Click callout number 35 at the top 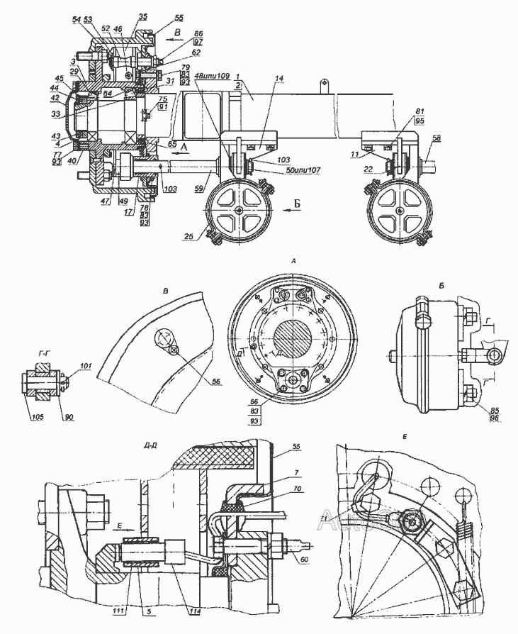click(143, 15)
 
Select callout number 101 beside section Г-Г click(86, 367)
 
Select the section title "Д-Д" click(150, 447)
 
